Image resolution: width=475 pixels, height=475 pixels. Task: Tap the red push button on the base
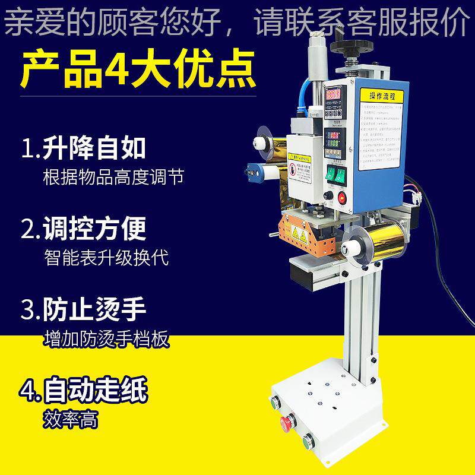coord(287,422)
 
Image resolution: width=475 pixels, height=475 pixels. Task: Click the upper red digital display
coord(332,95)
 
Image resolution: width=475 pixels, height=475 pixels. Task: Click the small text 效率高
coord(71,420)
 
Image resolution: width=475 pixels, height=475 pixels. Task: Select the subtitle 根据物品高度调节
coord(113,178)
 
